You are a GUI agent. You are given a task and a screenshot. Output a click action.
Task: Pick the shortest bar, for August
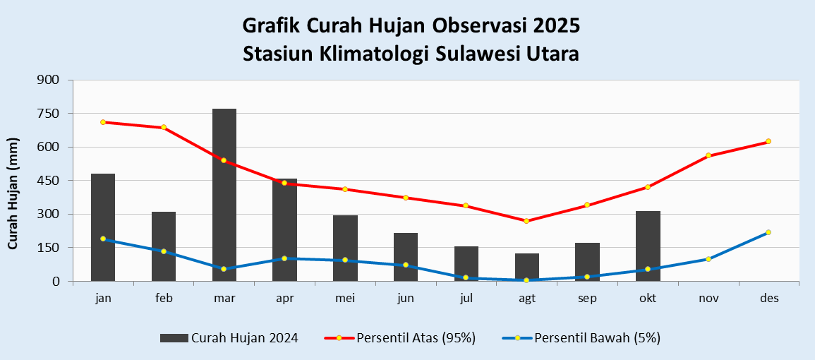(x=526, y=268)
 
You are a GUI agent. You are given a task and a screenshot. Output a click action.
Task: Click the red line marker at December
(x=768, y=141)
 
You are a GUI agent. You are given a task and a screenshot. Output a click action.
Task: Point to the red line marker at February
(x=164, y=128)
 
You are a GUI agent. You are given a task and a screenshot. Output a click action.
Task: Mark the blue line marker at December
(x=768, y=232)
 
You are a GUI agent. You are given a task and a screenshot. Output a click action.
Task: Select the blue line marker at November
(x=708, y=259)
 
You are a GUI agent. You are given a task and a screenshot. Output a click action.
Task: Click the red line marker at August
(x=526, y=221)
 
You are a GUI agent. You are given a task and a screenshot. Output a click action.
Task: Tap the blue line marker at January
(x=103, y=239)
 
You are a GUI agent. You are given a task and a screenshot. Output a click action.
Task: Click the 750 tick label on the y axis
(x=53, y=114)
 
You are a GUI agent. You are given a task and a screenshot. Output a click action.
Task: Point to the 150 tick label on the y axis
(x=53, y=248)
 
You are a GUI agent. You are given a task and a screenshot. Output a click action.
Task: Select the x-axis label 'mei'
(x=345, y=299)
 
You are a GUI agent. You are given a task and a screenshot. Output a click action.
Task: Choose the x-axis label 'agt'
(x=526, y=299)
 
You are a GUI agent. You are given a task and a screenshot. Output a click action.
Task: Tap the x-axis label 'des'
(x=769, y=299)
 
